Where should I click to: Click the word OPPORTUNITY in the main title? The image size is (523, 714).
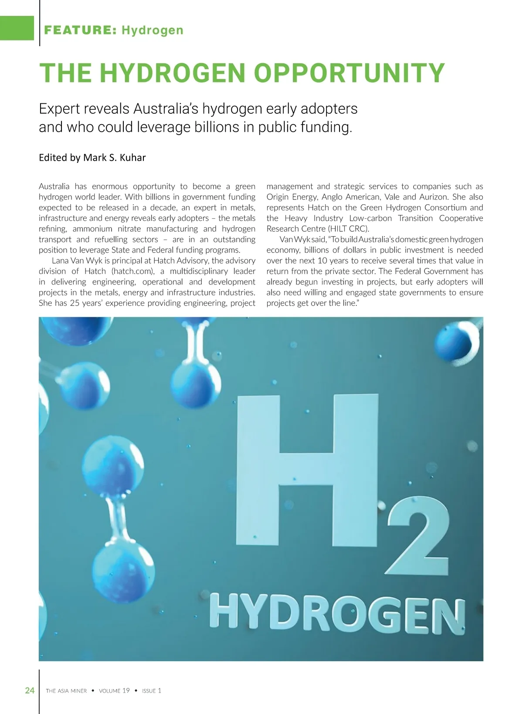tap(349, 73)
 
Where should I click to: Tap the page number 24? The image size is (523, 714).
tap(30, 690)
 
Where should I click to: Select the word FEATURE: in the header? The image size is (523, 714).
tap(80, 30)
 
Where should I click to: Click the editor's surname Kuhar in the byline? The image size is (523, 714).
tap(132, 157)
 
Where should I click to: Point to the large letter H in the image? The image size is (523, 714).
tap(307, 468)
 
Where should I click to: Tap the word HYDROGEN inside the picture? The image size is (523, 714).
tap(337, 613)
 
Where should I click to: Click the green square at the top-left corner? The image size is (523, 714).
tap(17, 28)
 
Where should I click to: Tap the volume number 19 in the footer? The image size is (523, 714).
tap(126, 690)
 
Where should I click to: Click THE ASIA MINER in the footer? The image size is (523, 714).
tap(66, 690)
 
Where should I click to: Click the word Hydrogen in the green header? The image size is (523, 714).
tap(153, 30)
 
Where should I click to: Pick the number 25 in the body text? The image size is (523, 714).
tap(75, 303)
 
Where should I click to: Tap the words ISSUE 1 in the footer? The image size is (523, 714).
tap(151, 690)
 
